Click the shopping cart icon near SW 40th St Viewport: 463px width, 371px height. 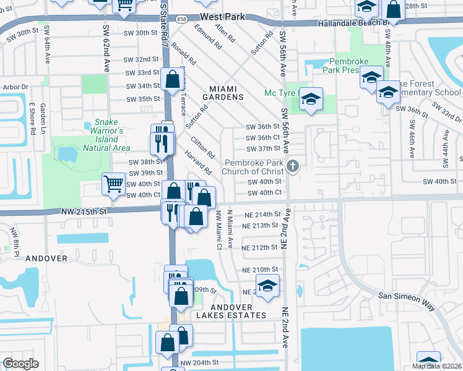tap(113, 184)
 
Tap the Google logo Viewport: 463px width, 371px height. tap(20, 364)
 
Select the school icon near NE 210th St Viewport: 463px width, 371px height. tap(267, 286)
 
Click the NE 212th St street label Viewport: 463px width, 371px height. tap(260, 247)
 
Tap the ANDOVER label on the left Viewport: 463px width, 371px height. tap(47, 258)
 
